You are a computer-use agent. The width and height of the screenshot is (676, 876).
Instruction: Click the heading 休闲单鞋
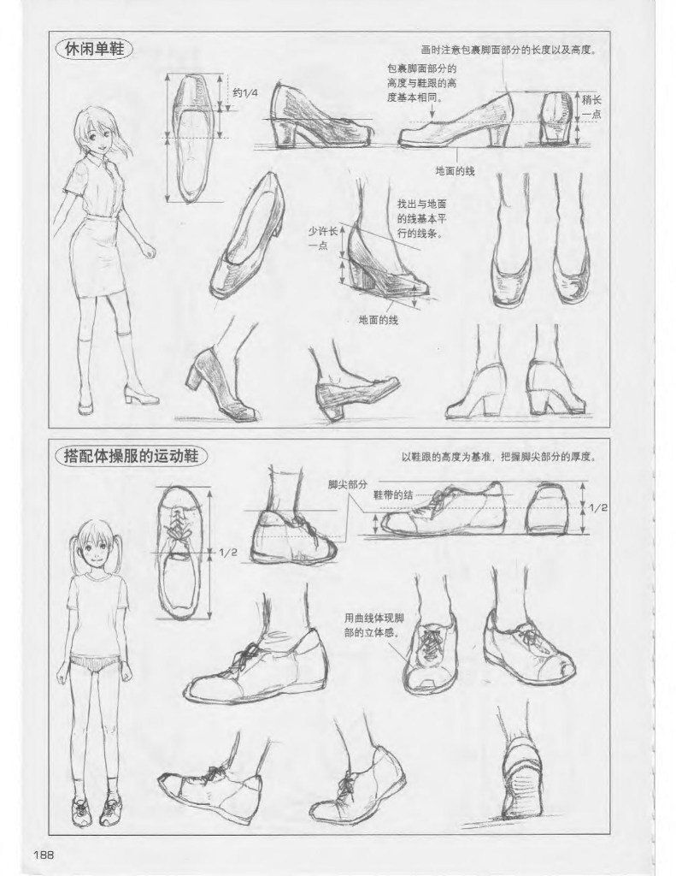(x=93, y=49)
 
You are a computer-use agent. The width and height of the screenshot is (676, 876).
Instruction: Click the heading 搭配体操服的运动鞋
(x=131, y=455)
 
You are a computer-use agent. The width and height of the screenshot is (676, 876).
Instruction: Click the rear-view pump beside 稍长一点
(x=556, y=117)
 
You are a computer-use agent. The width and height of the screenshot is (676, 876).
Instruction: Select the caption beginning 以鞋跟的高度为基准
(x=499, y=456)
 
